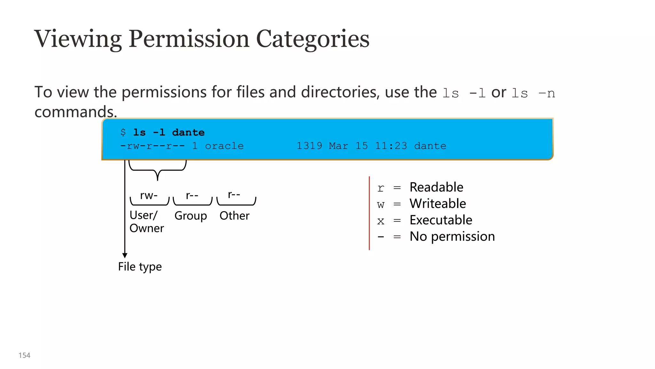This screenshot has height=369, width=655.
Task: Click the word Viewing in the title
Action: coord(78,39)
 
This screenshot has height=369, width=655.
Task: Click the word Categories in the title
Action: coord(312,39)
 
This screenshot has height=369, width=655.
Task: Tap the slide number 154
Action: coord(24,355)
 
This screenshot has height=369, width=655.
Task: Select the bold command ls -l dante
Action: coord(169,132)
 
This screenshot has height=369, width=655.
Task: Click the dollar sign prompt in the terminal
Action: coord(123,132)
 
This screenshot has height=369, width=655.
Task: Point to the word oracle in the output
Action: coord(224,146)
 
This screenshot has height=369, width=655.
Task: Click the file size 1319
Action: coord(309,146)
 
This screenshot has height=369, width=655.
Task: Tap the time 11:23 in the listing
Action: coord(391,146)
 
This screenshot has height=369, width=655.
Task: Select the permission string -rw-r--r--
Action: coord(153,146)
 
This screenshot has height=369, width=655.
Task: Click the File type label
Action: coord(140,266)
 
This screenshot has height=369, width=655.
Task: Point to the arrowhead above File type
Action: coord(125,255)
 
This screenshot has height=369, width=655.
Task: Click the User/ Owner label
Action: coord(146,222)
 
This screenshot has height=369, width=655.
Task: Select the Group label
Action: coord(191,216)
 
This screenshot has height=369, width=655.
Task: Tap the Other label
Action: coord(234,216)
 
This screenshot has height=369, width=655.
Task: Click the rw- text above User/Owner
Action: coord(149,195)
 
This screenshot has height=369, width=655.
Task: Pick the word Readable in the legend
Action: coord(436,187)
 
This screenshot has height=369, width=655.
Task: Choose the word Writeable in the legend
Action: coord(438,204)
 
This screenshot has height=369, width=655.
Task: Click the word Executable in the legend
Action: coord(441,220)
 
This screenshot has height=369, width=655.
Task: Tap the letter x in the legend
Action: coord(381,221)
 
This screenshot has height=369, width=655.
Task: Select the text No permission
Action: coord(452,236)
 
